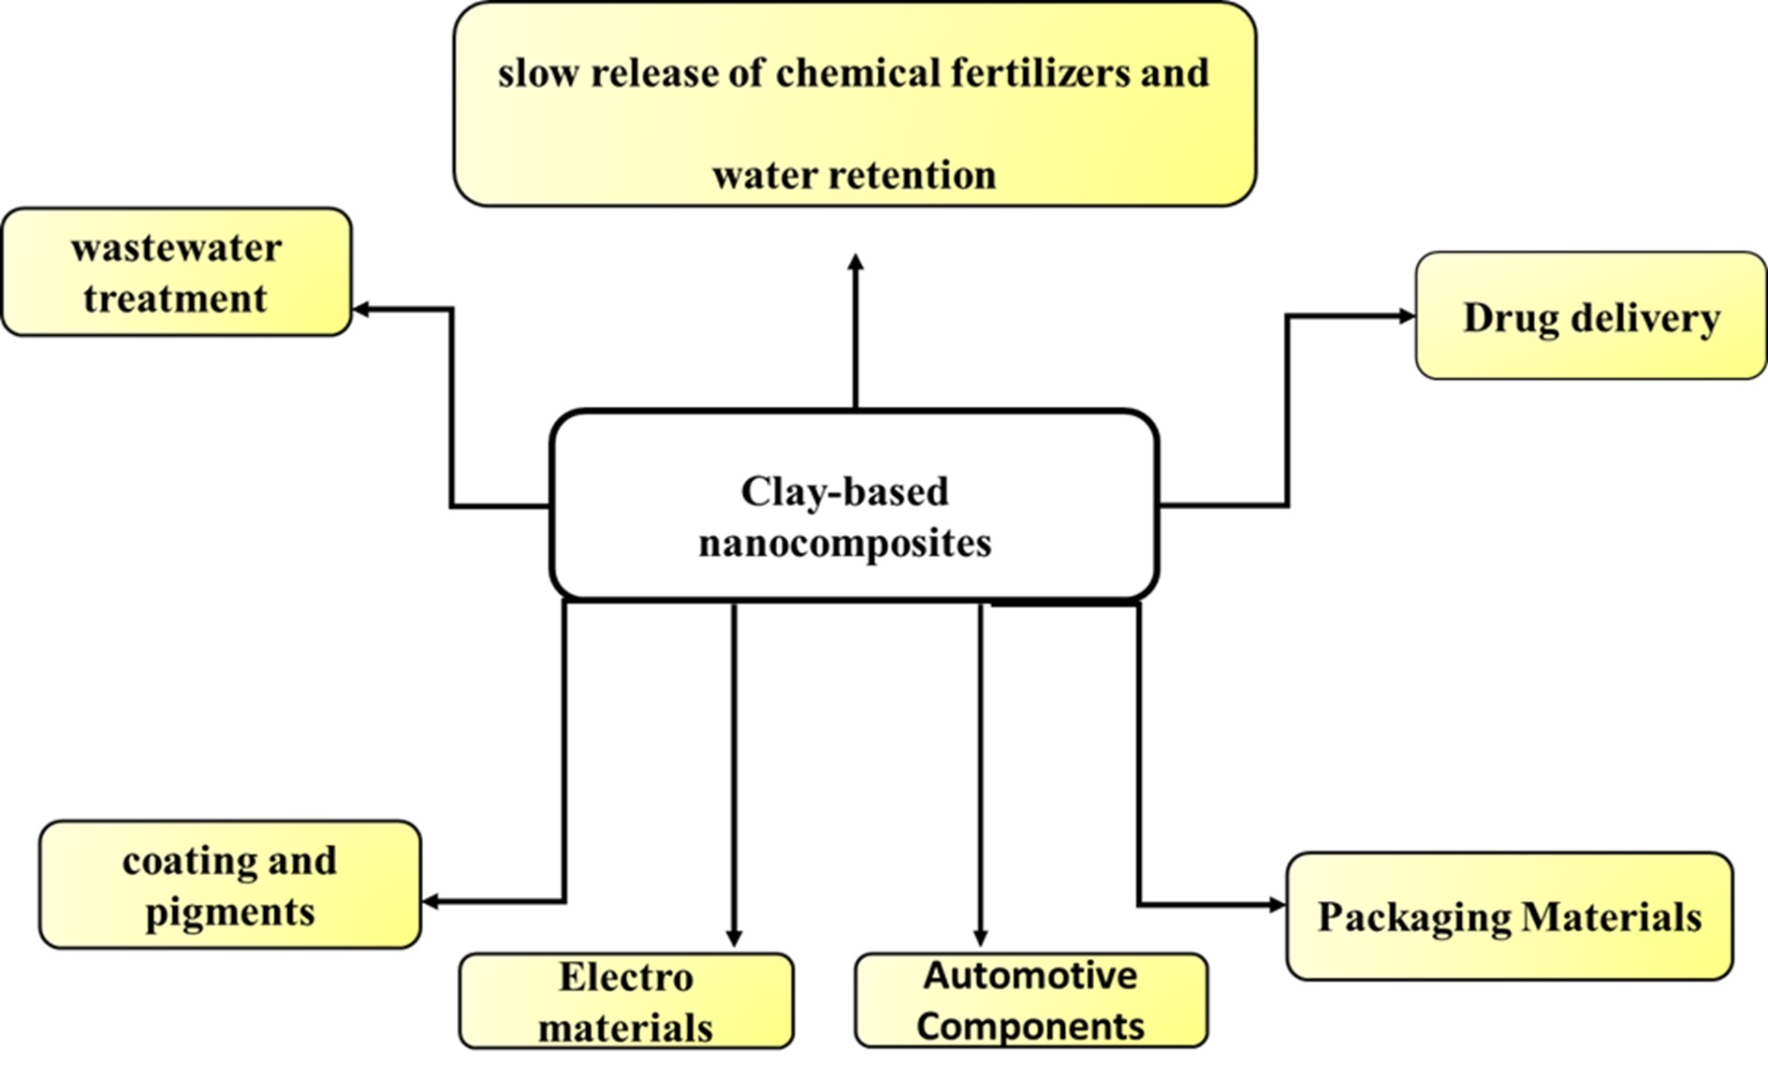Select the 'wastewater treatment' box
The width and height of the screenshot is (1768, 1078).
click(176, 272)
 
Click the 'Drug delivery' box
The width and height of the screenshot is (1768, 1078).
click(1590, 316)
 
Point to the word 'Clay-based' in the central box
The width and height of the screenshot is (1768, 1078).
click(844, 491)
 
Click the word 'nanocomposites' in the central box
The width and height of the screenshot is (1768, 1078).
click(844, 543)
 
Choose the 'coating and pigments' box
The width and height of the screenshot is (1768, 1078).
click(229, 885)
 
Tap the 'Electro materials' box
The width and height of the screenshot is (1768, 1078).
click(625, 1001)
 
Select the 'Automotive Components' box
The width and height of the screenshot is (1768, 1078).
click(1030, 1000)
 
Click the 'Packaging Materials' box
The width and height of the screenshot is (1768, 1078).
click(1509, 916)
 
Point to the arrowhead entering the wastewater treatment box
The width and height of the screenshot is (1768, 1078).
click(361, 309)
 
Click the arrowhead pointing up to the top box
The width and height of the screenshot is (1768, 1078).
click(855, 262)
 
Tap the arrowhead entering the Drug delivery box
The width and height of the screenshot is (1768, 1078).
click(1406, 316)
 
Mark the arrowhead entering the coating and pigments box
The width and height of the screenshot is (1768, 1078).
click(431, 901)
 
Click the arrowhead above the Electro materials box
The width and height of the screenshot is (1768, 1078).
click(734, 938)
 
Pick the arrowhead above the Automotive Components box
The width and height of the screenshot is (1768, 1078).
click(980, 938)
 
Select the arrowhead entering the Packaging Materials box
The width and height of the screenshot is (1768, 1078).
click(1277, 905)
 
